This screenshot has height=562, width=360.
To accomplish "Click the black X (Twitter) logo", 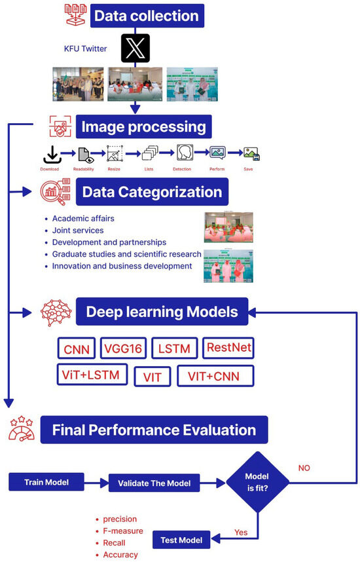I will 135,48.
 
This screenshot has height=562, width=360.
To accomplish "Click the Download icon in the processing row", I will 52,154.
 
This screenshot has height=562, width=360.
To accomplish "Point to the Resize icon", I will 115,154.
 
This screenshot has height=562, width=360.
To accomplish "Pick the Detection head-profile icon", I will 185,153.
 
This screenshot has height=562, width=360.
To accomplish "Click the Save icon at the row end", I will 251,154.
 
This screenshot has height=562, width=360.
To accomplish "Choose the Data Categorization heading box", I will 152,192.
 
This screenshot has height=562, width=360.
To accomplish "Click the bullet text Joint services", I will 78,230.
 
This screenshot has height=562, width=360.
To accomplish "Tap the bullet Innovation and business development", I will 122,266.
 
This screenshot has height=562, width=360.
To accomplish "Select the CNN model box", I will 77,348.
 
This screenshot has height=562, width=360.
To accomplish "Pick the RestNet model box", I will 228,348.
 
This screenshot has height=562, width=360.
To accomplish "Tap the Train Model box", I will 47,482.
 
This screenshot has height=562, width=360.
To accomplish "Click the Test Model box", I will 182,541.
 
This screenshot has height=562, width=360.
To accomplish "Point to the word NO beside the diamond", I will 304,468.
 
